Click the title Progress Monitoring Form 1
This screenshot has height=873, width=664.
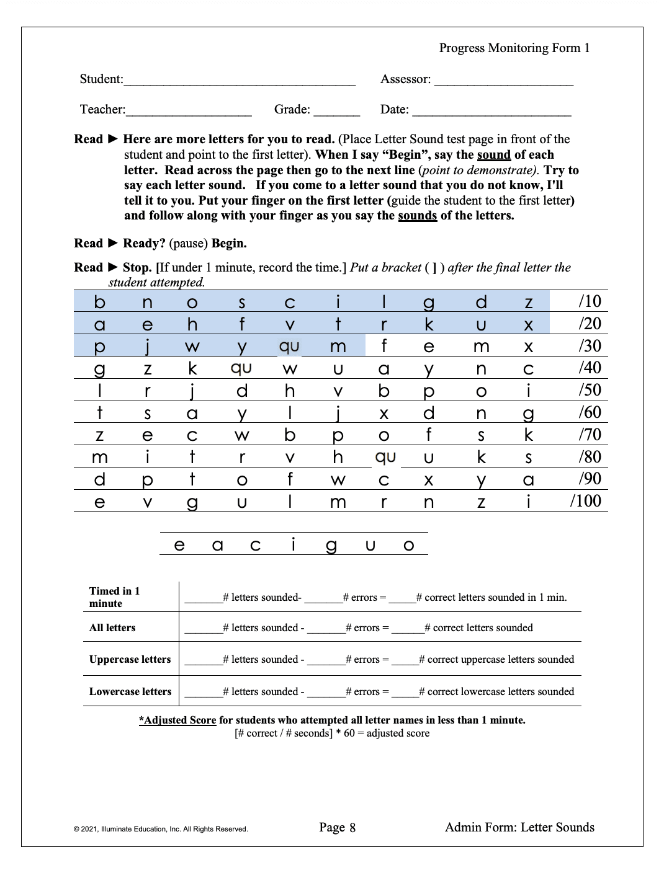click(514, 48)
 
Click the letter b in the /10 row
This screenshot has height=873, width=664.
click(100, 302)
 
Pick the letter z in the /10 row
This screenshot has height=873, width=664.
click(529, 303)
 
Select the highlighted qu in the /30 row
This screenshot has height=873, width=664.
click(289, 347)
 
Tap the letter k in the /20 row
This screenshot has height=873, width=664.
click(429, 324)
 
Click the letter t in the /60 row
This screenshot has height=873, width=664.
click(100, 413)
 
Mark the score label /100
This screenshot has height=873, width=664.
click(586, 501)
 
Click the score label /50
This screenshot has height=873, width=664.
click(590, 390)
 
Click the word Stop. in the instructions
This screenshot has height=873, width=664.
click(137, 268)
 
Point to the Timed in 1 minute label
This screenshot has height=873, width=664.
click(115, 597)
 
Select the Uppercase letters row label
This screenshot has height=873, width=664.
click(130, 659)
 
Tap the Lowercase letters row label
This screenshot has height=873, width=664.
click(130, 691)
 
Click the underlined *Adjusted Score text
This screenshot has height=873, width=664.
click(177, 720)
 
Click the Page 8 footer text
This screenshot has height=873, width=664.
click(337, 828)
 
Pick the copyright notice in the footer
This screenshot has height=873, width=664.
click(161, 829)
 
